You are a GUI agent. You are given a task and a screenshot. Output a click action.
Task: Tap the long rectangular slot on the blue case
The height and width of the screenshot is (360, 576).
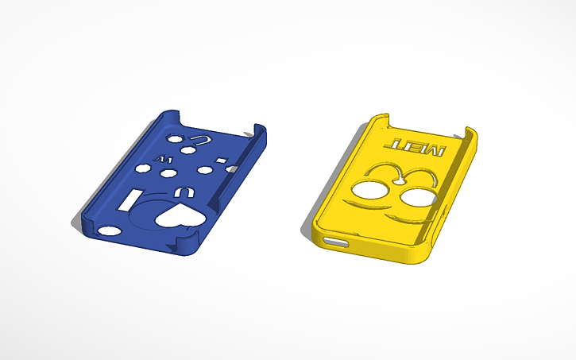(132, 200)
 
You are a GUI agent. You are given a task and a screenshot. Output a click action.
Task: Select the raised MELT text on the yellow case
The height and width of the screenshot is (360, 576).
(417, 145)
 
